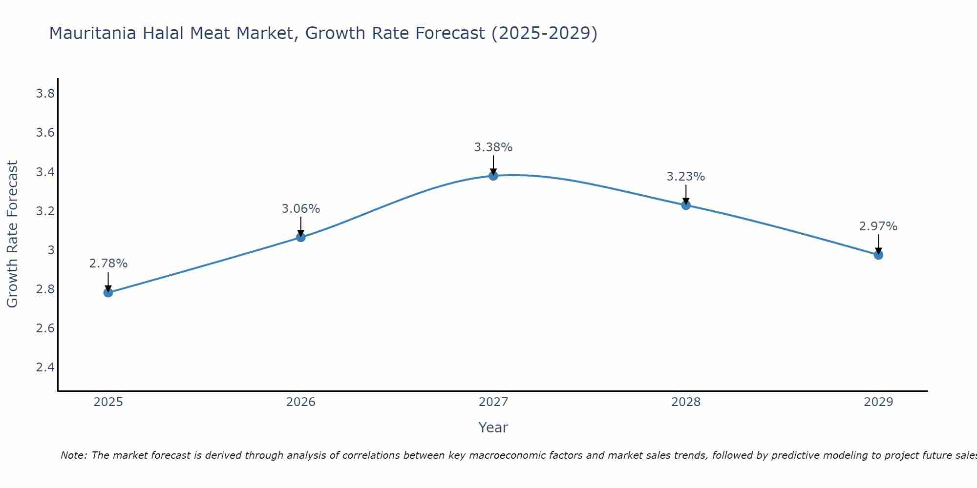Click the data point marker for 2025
[x=108, y=292]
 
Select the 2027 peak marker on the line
[x=493, y=176]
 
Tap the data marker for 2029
[x=878, y=255]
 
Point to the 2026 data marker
[x=301, y=237]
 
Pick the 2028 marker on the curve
[x=686, y=205]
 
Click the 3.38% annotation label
[x=493, y=147]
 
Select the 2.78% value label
[x=108, y=264]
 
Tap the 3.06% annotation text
[x=301, y=209]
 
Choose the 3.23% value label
[x=686, y=177]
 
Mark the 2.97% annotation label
[x=878, y=226]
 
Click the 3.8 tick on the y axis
[x=45, y=94]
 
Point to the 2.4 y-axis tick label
[x=45, y=367]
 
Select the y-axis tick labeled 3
[x=51, y=250]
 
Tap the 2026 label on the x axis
[x=301, y=402]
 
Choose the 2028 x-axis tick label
[x=686, y=402]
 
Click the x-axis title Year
[x=493, y=427]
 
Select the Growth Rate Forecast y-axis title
[x=12, y=234]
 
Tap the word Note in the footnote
[x=73, y=455]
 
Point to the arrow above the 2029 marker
[x=878, y=243]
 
